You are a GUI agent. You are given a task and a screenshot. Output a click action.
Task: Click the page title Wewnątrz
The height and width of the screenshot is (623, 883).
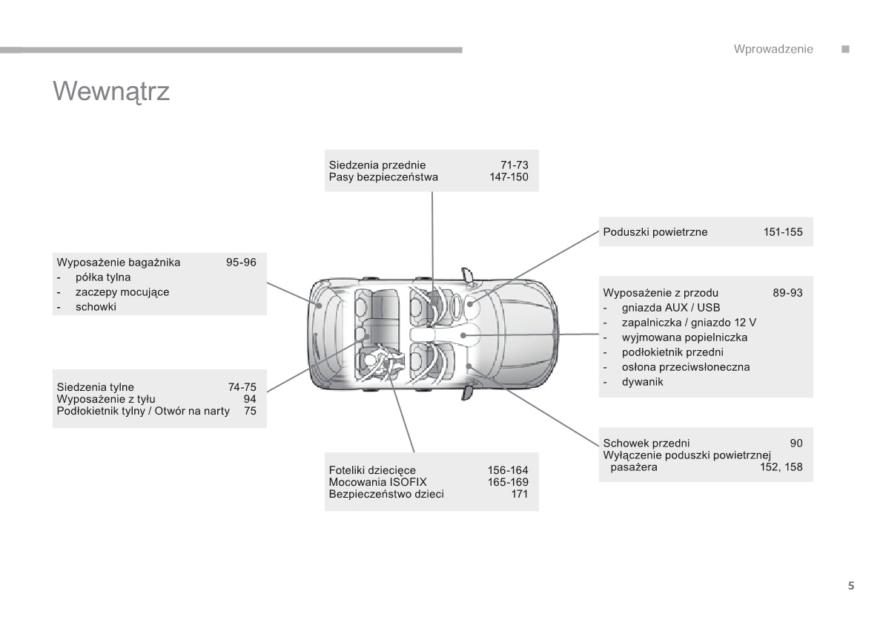coord(111,91)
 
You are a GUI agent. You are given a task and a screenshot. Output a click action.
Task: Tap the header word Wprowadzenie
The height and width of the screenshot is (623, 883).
coord(773,49)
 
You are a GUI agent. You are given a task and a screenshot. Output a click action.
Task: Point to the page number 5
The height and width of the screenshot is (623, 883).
coord(851,586)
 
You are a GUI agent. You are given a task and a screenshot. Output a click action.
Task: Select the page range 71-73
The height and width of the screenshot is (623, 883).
coord(514,165)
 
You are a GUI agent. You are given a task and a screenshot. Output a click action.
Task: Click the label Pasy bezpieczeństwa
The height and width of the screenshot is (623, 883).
coord(383,177)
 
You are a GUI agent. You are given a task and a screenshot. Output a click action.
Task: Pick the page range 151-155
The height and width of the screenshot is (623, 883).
coord(783,232)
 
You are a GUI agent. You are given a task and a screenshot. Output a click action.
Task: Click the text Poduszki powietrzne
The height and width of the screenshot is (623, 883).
coord(655,232)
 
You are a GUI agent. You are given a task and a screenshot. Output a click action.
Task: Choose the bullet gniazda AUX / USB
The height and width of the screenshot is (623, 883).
coord(671,308)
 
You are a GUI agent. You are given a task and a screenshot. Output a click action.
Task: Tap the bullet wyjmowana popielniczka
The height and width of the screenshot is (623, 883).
coord(684,337)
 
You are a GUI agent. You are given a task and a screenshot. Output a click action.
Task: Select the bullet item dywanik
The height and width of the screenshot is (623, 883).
coord(643,382)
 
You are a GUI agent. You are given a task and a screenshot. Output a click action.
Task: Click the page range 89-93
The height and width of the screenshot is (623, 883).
coord(787,293)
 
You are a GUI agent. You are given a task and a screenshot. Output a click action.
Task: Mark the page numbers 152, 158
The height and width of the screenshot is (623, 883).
coord(781,467)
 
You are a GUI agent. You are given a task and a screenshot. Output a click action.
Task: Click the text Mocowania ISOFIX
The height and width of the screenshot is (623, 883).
coord(378,482)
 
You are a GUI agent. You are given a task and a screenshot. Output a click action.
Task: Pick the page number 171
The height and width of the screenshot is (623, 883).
coord(520,494)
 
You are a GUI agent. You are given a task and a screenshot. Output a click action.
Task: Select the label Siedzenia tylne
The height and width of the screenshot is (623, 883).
coord(96,387)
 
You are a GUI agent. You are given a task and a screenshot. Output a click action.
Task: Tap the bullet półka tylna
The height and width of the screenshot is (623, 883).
coord(103,277)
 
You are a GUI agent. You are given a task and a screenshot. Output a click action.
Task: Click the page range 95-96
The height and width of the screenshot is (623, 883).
coord(241,263)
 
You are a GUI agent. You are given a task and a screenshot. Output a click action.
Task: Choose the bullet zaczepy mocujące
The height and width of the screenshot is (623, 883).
coord(122,292)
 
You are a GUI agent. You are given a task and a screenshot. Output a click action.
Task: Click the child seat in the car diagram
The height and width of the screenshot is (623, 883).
coord(383,361)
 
